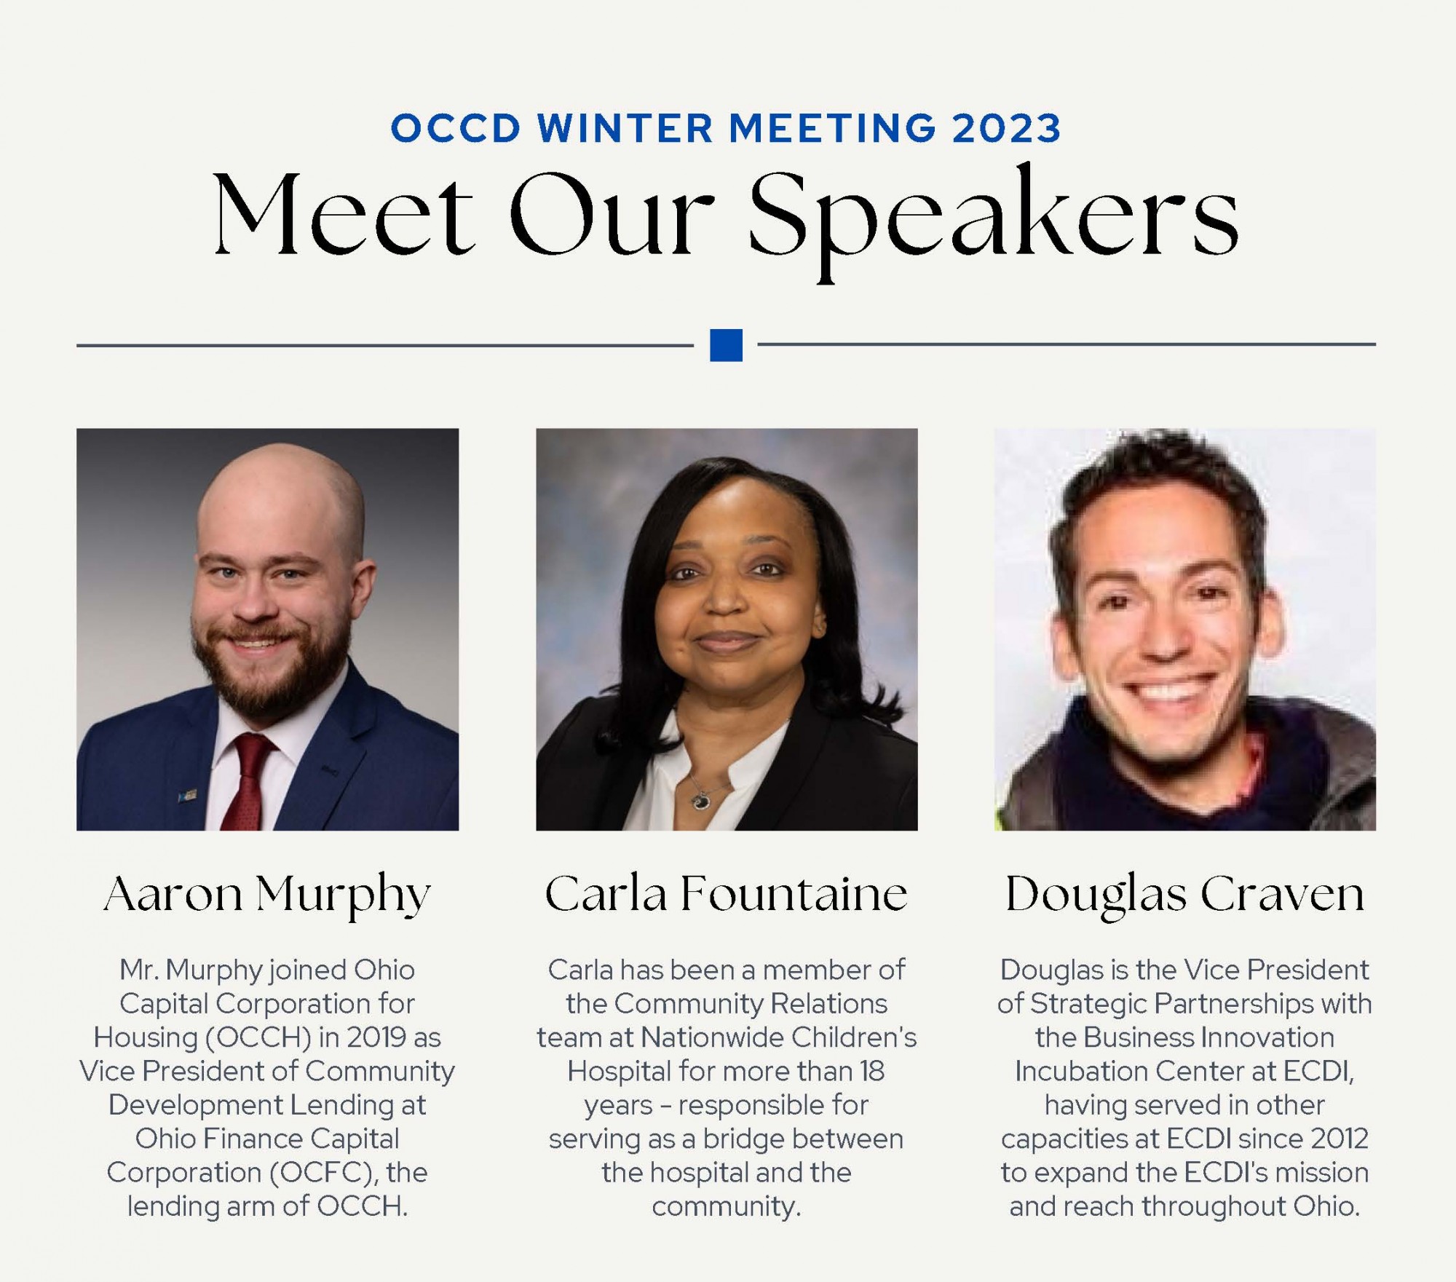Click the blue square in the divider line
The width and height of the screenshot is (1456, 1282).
[x=726, y=345]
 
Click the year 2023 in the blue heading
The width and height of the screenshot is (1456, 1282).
[x=1006, y=129]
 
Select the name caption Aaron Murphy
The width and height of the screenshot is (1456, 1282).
[x=267, y=895]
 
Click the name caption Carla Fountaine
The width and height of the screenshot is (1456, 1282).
[x=727, y=893]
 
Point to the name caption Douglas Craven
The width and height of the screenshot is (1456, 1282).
[x=1184, y=895]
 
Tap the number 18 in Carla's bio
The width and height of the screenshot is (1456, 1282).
[x=871, y=1071]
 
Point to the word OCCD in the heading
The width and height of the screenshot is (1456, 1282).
[x=456, y=129]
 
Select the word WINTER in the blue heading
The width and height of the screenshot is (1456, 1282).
[x=625, y=129]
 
